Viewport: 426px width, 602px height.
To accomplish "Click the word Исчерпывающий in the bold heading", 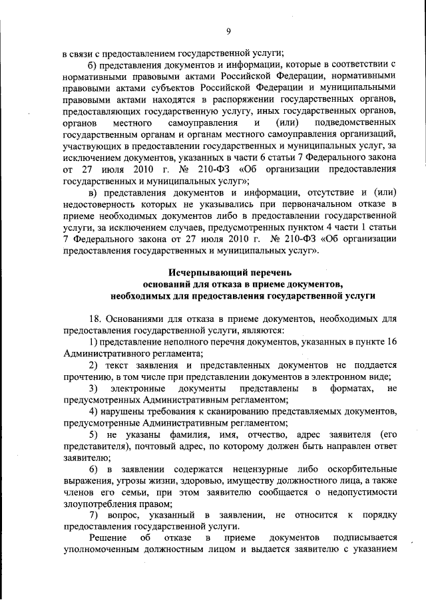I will [x=203, y=273].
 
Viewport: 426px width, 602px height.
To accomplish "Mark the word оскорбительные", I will [x=357, y=469].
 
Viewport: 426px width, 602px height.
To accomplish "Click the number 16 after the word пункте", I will [x=391, y=341].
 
